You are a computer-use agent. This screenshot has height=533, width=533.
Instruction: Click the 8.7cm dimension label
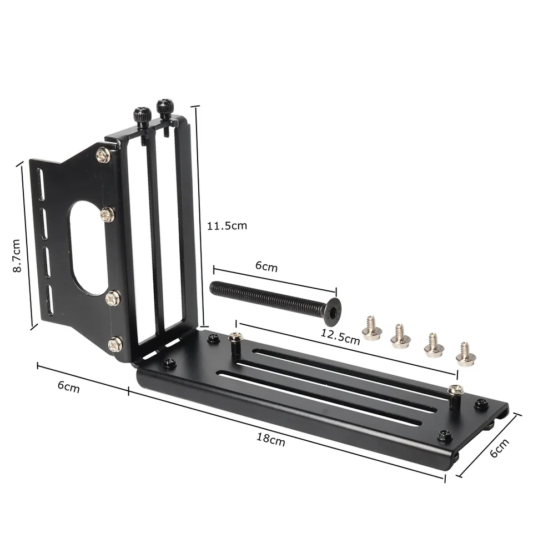click(17, 256)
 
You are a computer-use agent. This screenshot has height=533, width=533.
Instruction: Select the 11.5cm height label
click(227, 226)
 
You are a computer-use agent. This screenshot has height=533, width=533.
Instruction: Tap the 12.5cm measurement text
click(340, 336)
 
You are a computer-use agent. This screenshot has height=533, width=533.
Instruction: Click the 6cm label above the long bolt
click(266, 266)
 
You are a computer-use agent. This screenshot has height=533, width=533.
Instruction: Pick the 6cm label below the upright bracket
click(68, 386)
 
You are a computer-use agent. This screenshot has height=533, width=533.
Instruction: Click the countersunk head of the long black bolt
click(331, 311)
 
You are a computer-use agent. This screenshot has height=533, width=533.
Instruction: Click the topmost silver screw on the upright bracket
click(102, 155)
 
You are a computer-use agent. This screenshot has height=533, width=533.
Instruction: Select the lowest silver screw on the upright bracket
click(115, 344)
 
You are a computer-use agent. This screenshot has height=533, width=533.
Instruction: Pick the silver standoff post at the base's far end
click(455, 398)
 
